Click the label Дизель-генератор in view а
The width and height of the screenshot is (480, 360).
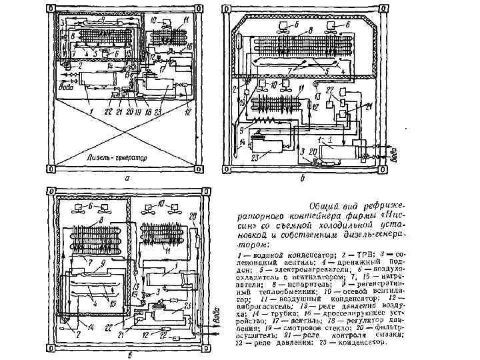click(x=117, y=158)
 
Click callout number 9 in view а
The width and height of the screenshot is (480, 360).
click(x=103, y=19)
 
